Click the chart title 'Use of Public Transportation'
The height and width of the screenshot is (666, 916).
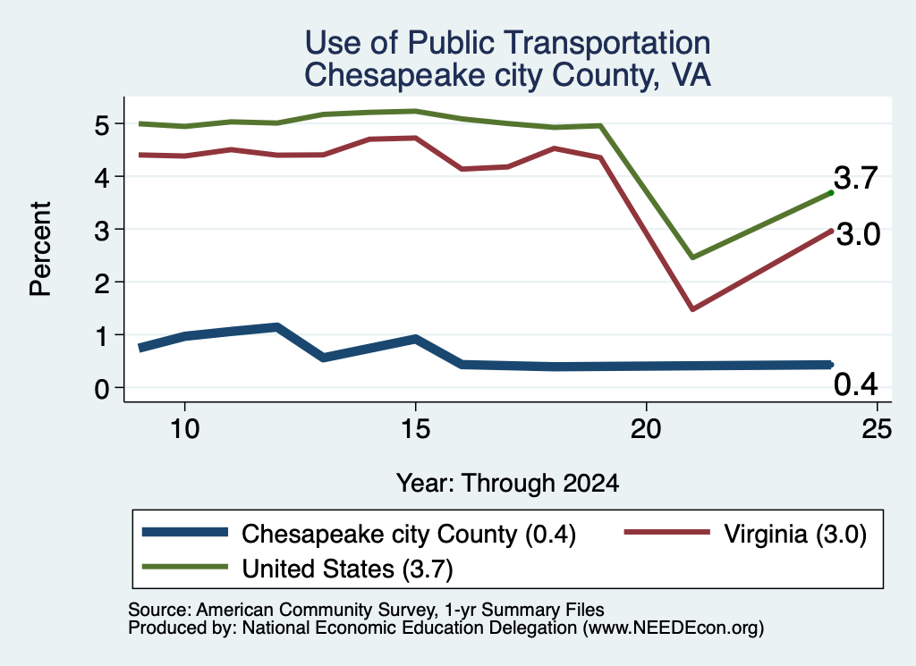coord(508,43)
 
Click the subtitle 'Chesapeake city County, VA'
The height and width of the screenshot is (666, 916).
coord(508,75)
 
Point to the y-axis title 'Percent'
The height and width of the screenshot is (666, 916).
coord(41,249)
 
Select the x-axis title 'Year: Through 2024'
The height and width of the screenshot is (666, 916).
coord(508,484)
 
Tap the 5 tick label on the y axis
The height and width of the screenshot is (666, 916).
coord(102,125)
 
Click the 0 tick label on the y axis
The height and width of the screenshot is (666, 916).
coord(102,389)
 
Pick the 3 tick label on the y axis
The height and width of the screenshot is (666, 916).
coord(102,231)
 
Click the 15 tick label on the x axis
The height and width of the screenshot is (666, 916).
coord(415,430)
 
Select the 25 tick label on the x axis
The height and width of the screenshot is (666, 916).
coord(877,430)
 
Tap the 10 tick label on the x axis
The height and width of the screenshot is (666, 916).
coord(184,430)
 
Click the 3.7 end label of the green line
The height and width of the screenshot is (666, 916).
coord(856,178)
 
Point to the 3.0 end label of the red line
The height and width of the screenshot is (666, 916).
coord(858,234)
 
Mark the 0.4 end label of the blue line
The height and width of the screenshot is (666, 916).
coord(856,384)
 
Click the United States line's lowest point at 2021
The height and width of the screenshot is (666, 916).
coord(692,257)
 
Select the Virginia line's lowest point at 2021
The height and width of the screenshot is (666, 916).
coord(692,308)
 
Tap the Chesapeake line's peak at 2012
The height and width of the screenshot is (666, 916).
coord(277,327)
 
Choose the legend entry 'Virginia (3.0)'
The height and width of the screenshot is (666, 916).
coord(745,534)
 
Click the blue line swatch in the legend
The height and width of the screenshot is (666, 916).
coord(185,532)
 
